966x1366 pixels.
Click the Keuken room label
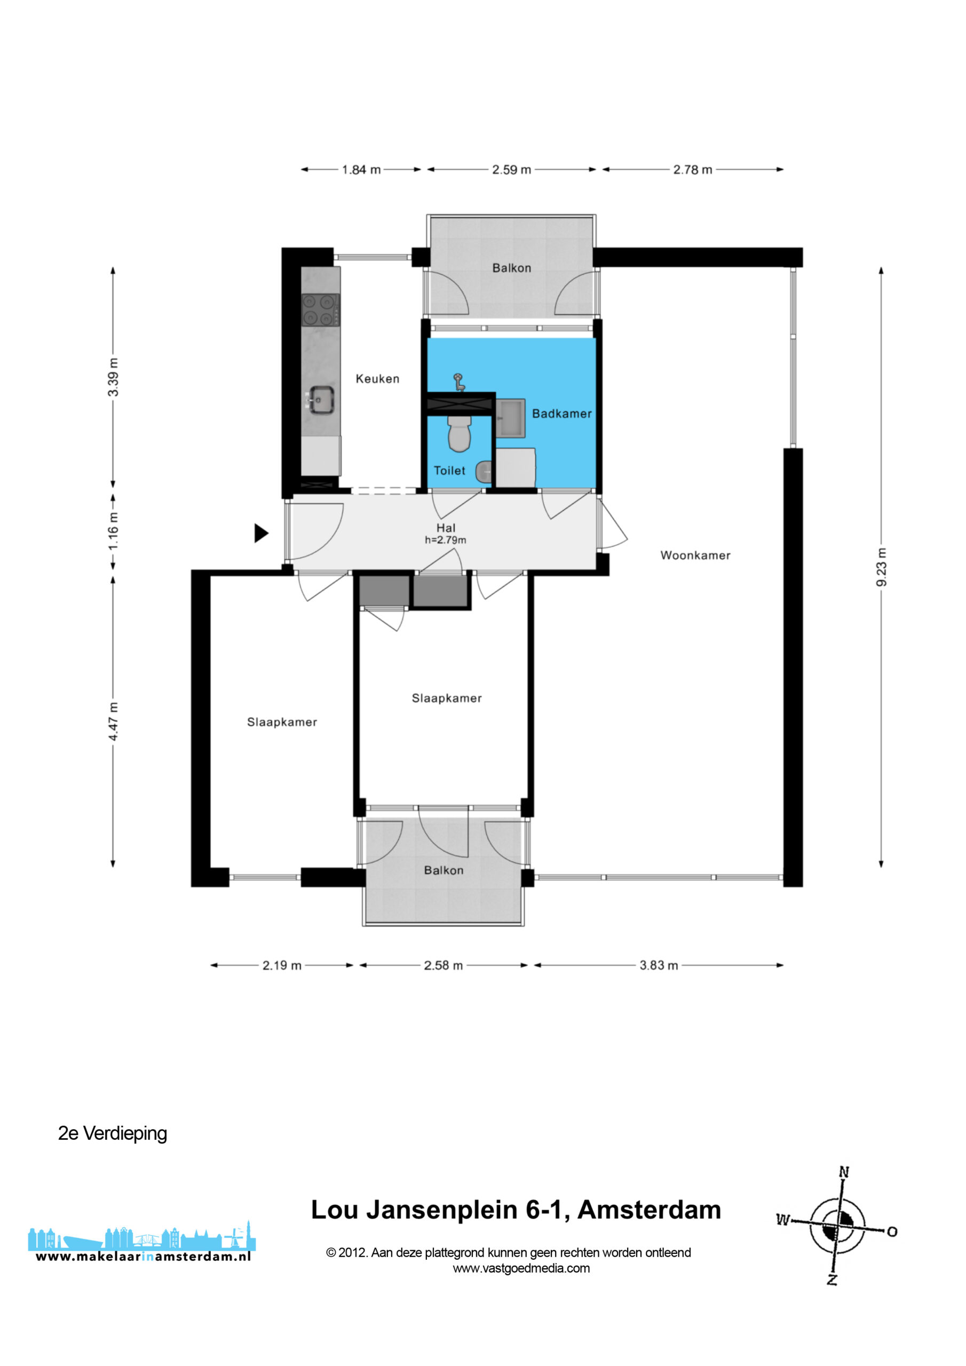click(x=377, y=379)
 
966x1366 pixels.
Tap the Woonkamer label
click(x=695, y=555)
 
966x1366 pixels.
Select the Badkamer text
click(x=562, y=414)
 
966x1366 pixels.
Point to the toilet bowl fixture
click(x=459, y=433)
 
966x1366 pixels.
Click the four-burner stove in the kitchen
click(x=321, y=310)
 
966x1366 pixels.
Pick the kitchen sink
click(x=320, y=399)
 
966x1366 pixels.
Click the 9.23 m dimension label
click(x=881, y=567)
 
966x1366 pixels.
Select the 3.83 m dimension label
click(x=659, y=965)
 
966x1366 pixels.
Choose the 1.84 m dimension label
click(x=361, y=170)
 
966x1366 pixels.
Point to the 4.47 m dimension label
click(x=113, y=721)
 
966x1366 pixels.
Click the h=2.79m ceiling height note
click(x=445, y=540)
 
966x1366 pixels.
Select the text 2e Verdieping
click(x=113, y=1133)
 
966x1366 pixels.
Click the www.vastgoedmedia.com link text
click(x=521, y=1268)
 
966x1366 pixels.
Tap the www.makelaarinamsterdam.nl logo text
click(x=143, y=1257)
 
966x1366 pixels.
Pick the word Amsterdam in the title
click(x=650, y=1210)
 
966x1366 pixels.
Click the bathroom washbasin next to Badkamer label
click(x=511, y=419)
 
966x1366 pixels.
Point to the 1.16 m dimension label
click(x=113, y=531)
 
